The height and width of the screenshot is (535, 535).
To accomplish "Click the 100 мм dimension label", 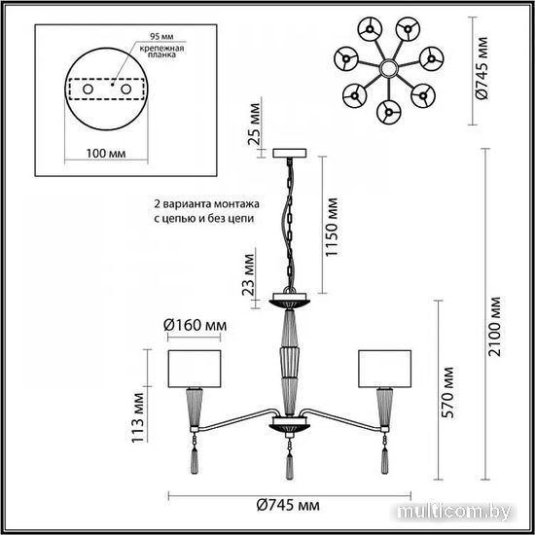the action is [x=106, y=154].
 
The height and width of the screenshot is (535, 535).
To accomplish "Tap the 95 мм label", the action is [x=161, y=37].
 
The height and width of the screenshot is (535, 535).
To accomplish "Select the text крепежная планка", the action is [x=161, y=52].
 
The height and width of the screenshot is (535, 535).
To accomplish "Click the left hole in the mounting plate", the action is [x=88, y=89].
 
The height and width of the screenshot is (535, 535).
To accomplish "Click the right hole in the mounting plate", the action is [x=125, y=89].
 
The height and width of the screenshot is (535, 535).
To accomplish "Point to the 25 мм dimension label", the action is [x=255, y=124].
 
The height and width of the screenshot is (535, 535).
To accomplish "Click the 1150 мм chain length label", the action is [x=332, y=228].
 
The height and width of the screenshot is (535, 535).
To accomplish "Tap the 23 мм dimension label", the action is [x=248, y=275].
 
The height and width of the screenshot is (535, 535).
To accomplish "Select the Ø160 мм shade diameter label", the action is [x=195, y=325].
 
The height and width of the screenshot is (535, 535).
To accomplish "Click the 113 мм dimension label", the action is [x=138, y=418].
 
